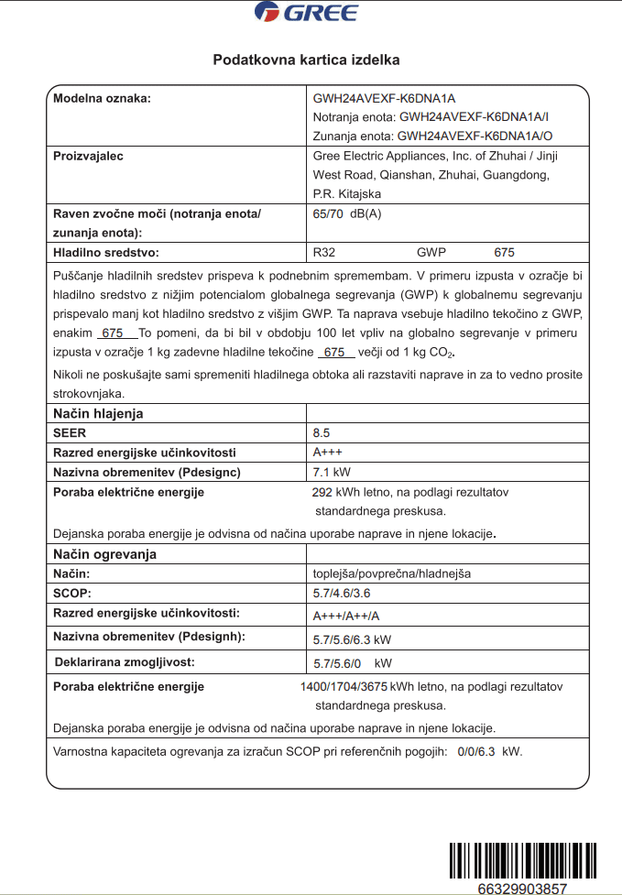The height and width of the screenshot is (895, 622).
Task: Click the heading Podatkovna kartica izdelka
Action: tap(306, 60)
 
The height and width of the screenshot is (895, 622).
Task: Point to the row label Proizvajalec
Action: tap(88, 156)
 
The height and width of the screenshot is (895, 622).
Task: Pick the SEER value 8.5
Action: tap(322, 433)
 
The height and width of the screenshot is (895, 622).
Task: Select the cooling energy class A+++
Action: tap(328, 453)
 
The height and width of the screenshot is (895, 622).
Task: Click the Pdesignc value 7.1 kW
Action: tap(332, 473)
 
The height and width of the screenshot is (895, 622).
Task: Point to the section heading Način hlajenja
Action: tap(98, 413)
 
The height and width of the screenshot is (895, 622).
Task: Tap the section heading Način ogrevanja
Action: tap(104, 554)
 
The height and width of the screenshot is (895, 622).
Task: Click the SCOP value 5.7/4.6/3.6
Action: tap(342, 594)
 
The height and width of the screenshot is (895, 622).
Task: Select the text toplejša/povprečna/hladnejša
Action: tap(392, 573)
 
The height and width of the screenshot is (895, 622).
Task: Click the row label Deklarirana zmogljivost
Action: tap(125, 661)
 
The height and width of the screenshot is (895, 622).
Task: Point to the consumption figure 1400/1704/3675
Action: tap(344, 686)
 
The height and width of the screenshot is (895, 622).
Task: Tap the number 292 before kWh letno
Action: tap(322, 492)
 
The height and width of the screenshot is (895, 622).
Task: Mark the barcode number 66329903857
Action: tap(522, 889)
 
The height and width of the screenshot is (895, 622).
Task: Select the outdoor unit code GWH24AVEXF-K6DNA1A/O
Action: tap(475, 136)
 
